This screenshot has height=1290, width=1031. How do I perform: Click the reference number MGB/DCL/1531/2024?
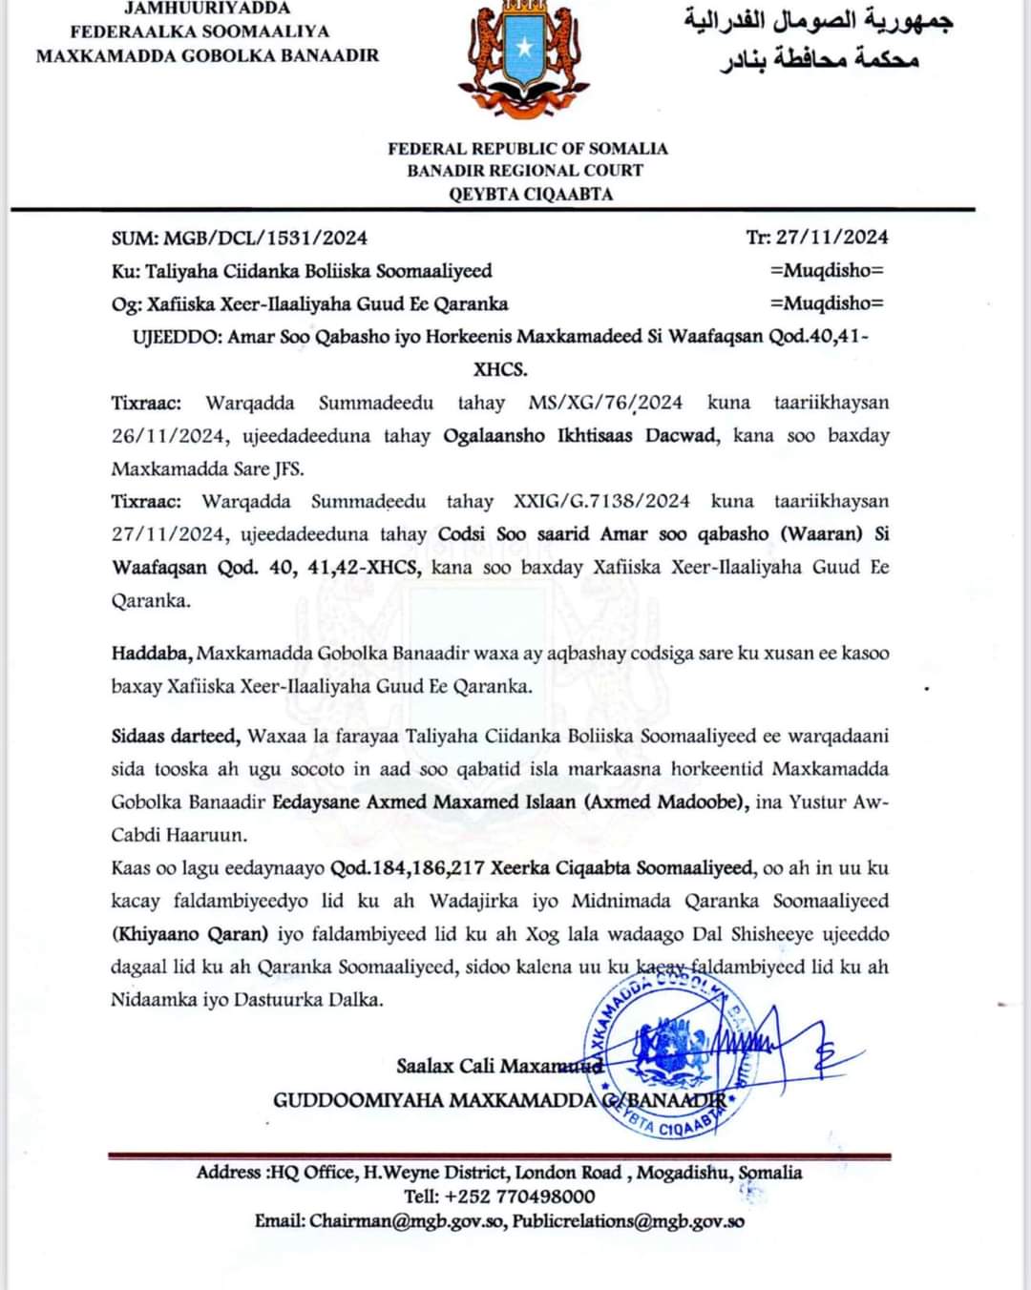click(x=265, y=238)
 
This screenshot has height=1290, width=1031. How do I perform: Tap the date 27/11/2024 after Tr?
click(x=831, y=237)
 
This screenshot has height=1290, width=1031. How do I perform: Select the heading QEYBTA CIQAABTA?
click(x=531, y=194)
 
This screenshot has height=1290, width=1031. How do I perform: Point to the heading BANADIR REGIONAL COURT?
click(x=525, y=171)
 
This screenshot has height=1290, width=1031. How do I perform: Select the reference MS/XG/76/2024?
click(x=605, y=403)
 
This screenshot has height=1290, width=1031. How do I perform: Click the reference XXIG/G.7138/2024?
click(x=601, y=501)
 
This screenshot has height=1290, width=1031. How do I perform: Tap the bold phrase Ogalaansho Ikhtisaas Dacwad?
click(x=580, y=436)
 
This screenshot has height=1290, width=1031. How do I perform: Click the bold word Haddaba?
click(x=153, y=654)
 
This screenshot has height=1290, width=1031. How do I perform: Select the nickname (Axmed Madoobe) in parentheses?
click(x=666, y=801)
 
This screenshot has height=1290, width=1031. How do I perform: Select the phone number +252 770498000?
click(x=519, y=1196)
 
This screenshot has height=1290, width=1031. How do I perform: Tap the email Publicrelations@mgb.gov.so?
click(x=628, y=1221)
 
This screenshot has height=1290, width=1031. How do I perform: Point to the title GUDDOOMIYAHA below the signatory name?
click(x=359, y=1100)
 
